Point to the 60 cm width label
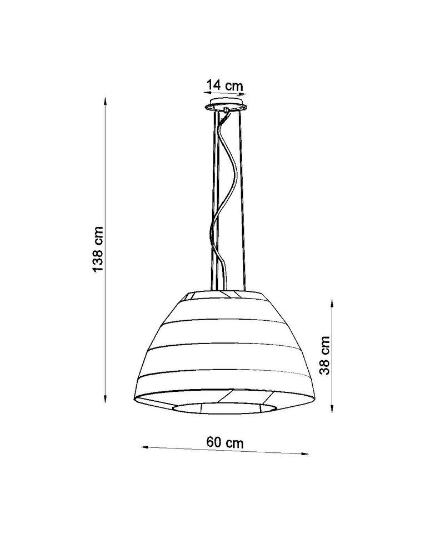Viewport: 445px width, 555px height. (x=225, y=442)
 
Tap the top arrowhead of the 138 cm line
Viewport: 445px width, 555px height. (x=105, y=101)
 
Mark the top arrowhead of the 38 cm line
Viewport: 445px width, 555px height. (x=332, y=303)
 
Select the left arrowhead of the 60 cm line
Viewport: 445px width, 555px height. (x=143, y=446)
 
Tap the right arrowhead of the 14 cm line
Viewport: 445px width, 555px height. (x=243, y=94)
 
